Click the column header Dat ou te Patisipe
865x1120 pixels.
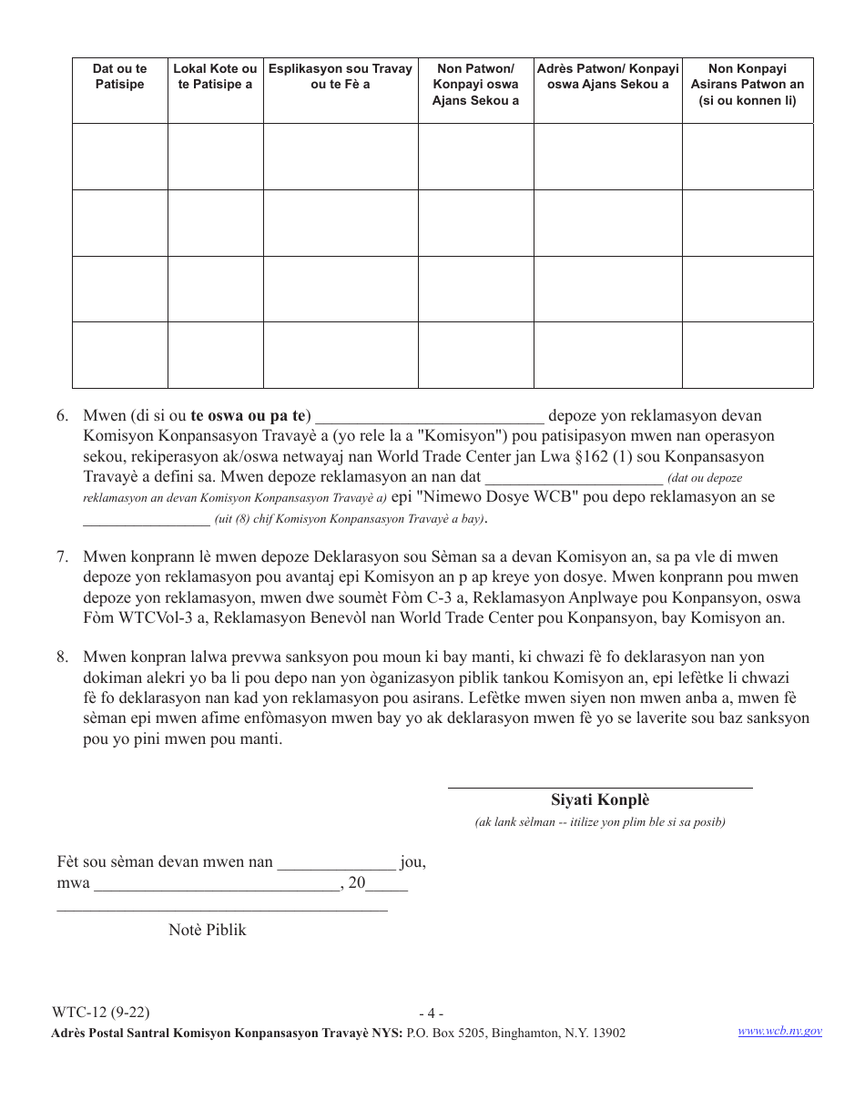pos(119,76)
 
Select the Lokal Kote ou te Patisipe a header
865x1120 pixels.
pos(216,76)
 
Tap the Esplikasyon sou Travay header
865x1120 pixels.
pos(341,76)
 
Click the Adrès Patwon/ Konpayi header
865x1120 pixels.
pos(607,76)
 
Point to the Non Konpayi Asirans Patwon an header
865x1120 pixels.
pos(748,85)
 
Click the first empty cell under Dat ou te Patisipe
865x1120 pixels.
pos(119,157)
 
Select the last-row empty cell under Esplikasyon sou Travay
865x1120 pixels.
pos(341,355)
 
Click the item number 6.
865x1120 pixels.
pos(62,416)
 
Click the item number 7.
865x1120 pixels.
pos(62,556)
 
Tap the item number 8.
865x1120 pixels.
pos(62,657)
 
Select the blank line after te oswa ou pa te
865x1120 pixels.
pos(429,418)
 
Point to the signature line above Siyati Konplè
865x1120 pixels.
pos(600,786)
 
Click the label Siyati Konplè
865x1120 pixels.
pos(600,801)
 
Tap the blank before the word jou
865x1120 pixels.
pos(336,863)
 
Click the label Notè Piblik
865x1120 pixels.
pos(208,930)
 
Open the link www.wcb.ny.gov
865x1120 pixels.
pos(779,1031)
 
